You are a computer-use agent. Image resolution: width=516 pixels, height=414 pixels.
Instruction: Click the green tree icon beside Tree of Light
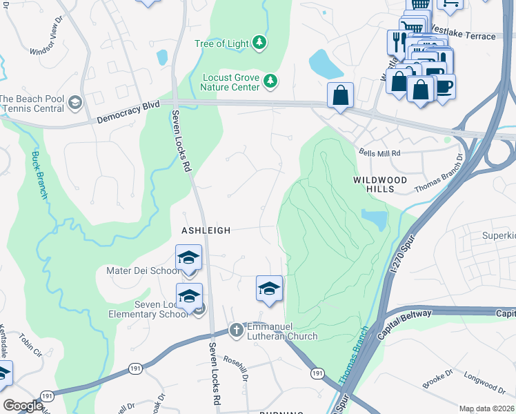[259, 43]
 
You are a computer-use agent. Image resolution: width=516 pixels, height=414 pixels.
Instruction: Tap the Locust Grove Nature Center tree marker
[271, 82]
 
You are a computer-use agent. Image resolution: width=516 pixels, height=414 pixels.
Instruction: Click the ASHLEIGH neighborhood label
[206, 230]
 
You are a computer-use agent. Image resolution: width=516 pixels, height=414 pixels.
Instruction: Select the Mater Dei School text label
[142, 271]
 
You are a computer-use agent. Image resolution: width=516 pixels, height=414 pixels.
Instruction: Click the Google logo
[22, 406]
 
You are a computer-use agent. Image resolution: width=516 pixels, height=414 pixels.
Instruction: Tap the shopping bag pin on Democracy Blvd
[341, 95]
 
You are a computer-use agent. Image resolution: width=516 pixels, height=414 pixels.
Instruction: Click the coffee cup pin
[443, 87]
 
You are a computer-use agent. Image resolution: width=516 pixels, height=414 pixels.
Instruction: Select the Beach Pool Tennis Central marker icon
[75, 103]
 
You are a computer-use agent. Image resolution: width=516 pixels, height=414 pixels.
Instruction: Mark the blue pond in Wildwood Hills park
[374, 219]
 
